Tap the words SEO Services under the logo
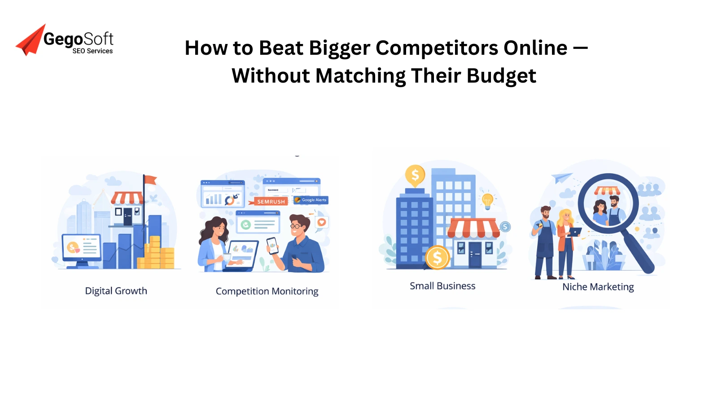click(92, 51)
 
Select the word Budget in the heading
click(501, 75)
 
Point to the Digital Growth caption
click(116, 291)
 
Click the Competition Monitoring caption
click(267, 291)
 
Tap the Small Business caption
click(442, 286)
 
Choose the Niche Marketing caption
click(598, 287)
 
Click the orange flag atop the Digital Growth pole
click(150, 180)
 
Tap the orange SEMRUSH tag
click(271, 202)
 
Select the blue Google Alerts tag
click(311, 200)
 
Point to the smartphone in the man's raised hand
click(272, 245)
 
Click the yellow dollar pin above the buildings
click(415, 175)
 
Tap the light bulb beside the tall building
click(488, 200)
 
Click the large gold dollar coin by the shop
click(437, 258)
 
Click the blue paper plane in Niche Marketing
click(561, 177)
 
